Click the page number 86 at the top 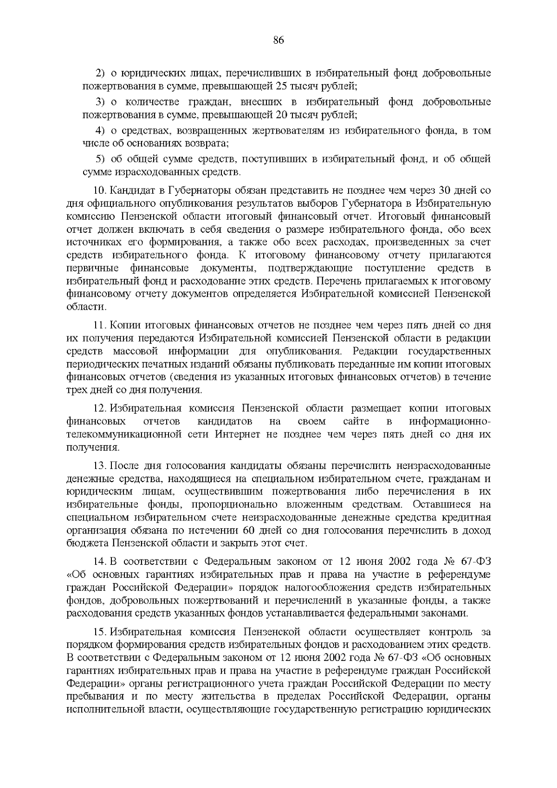(278, 40)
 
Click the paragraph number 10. (99, 190)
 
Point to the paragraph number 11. (99, 325)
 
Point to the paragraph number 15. (99, 632)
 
